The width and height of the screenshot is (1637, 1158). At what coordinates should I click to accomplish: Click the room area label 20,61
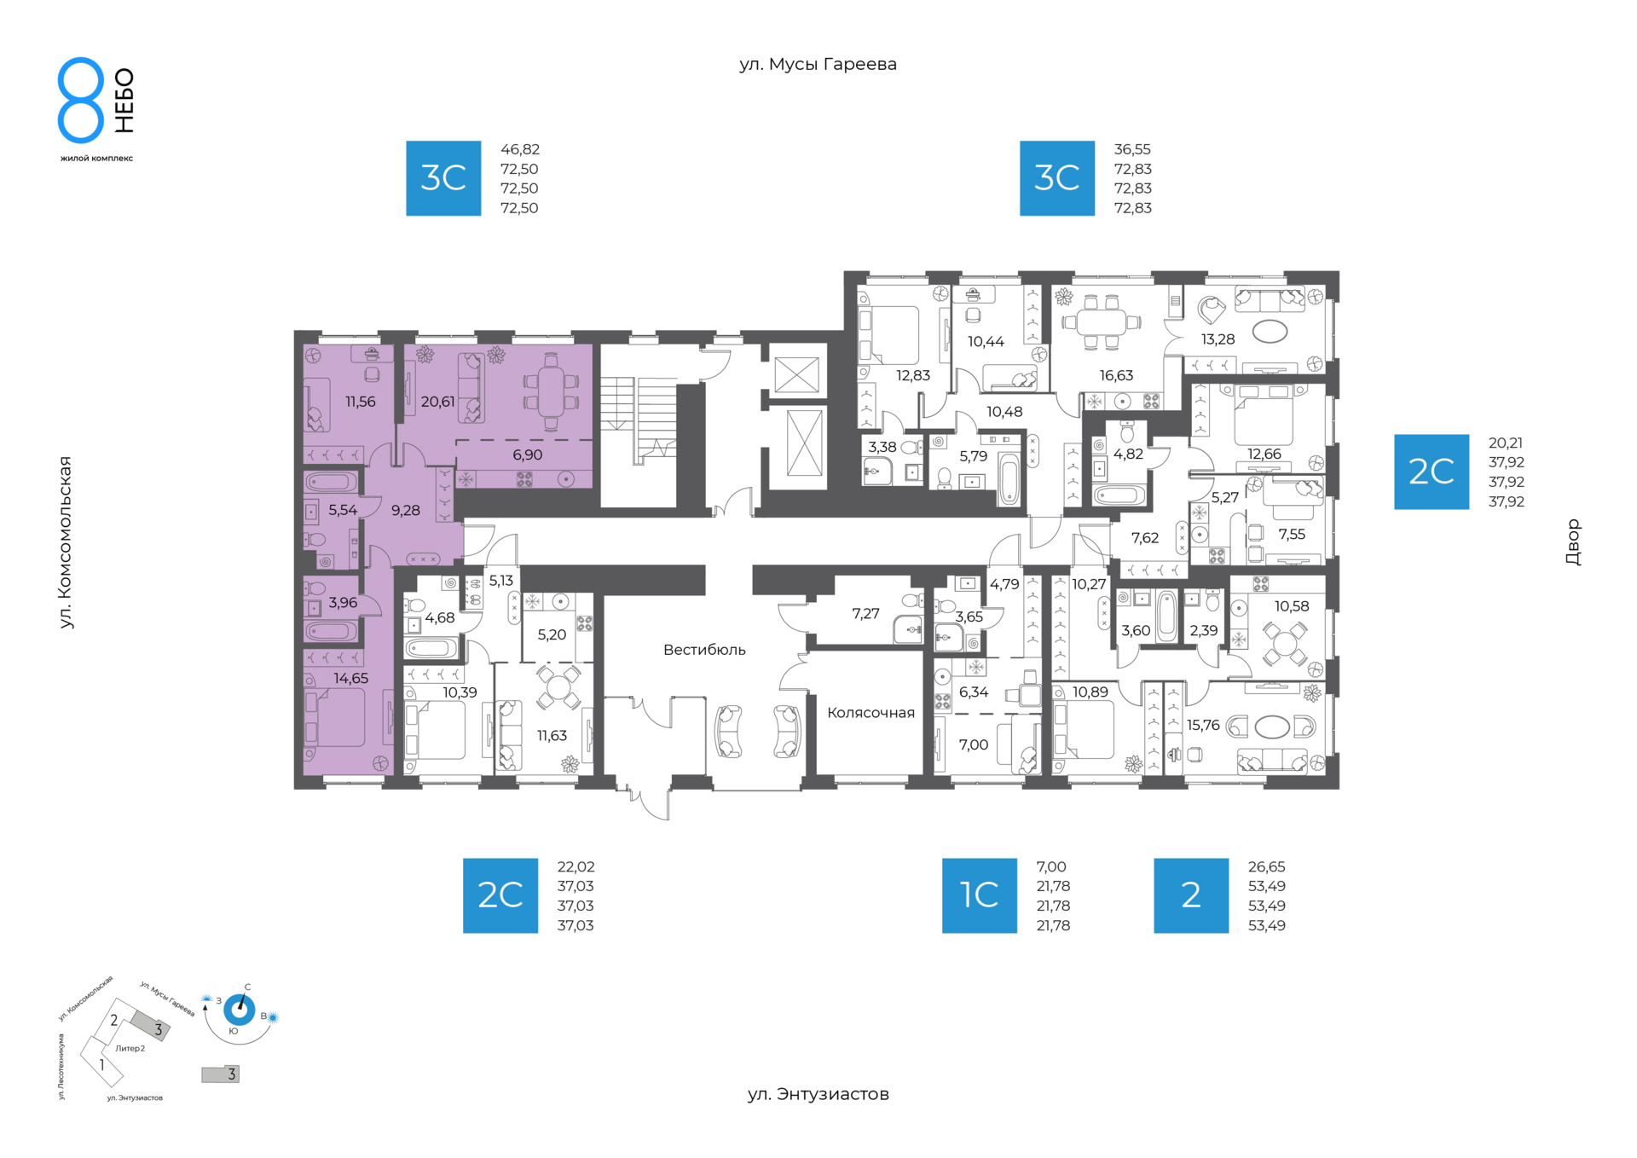437,402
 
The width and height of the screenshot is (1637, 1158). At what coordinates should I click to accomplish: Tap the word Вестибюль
704,650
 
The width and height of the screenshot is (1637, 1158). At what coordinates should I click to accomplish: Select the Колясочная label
871,713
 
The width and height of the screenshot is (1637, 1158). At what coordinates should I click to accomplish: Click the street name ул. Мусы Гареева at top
818,65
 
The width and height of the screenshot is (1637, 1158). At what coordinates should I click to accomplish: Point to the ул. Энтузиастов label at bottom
818,1094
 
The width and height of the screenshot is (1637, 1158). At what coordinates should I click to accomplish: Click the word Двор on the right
1573,542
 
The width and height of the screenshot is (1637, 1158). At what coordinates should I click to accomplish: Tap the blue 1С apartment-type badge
979,895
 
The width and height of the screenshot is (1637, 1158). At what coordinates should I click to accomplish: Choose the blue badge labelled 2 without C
1191,895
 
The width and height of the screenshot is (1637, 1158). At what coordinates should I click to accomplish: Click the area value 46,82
520,149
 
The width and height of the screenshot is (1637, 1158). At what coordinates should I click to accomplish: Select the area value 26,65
1266,866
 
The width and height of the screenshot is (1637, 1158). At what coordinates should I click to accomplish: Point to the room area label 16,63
1116,375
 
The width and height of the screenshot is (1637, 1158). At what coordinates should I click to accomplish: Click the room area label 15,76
1203,725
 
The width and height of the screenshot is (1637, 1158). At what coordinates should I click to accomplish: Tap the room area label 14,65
350,679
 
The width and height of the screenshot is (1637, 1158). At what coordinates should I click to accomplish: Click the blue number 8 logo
81,100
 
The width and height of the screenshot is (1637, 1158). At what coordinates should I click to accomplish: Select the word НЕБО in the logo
124,101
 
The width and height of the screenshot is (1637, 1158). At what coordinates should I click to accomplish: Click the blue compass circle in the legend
239,1010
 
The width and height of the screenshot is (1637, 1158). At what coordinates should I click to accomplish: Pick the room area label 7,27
865,613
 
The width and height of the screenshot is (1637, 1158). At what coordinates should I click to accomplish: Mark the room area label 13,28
1218,339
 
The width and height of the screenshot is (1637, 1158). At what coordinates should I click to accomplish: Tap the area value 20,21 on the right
1506,443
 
